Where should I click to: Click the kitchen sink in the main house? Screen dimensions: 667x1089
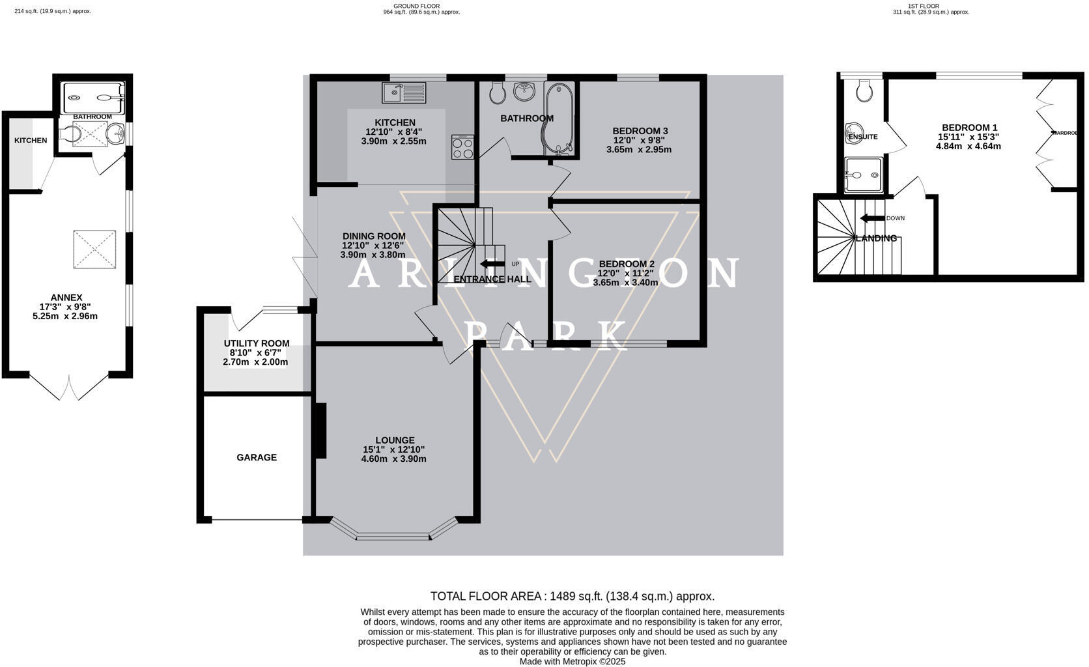point(404,92)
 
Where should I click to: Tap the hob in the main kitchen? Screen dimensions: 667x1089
point(462,147)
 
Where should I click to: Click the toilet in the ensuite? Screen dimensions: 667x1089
point(865,91)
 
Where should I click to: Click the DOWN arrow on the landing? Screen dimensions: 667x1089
point(871,218)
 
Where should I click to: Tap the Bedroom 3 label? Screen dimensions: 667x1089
point(640,131)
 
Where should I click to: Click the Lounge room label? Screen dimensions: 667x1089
point(395,440)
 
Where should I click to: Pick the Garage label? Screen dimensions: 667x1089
point(257,458)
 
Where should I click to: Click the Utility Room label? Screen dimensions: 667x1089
point(257,343)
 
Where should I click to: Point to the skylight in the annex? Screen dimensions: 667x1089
point(94,249)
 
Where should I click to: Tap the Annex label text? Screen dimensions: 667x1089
point(66,298)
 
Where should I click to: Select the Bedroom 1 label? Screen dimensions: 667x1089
point(969,128)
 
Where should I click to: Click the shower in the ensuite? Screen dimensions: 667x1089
point(864,175)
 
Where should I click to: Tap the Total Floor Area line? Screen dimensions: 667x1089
point(572,596)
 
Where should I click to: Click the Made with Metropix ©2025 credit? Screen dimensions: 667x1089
point(572,661)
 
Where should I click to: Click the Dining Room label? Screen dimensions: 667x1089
point(374,236)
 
